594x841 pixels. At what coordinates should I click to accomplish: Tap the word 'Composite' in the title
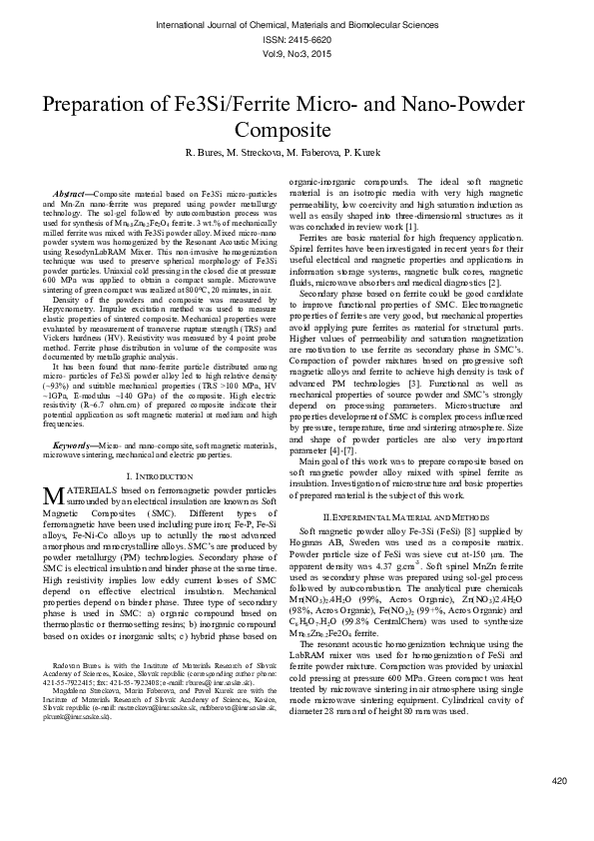point(297,130)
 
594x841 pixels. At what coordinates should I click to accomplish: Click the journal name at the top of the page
point(297,20)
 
